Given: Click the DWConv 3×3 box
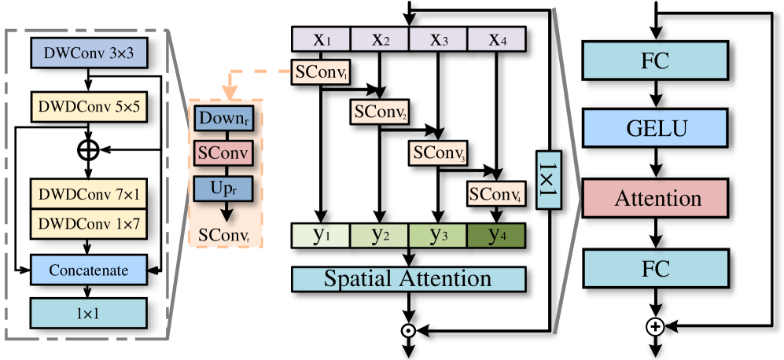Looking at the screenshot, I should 89,53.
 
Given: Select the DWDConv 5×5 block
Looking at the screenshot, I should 89,107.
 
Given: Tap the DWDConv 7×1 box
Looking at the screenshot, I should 89,193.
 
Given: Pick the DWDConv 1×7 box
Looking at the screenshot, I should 89,224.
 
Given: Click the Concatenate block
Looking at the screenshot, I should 89,270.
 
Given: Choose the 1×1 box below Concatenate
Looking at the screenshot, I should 89,313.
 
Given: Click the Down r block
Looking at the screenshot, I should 224,119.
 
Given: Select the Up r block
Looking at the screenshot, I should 224,189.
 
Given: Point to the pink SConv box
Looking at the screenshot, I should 224,154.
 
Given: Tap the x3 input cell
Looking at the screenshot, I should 438,39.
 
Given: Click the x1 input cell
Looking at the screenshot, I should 322,39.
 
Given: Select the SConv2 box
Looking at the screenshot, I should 380,112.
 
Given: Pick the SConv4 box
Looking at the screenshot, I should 496,193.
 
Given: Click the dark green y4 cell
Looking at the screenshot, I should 496,236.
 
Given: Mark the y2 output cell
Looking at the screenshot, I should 380,236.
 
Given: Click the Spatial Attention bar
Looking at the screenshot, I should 408,278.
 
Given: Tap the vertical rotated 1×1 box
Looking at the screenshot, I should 548,180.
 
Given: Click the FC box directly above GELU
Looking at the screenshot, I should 654,61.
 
